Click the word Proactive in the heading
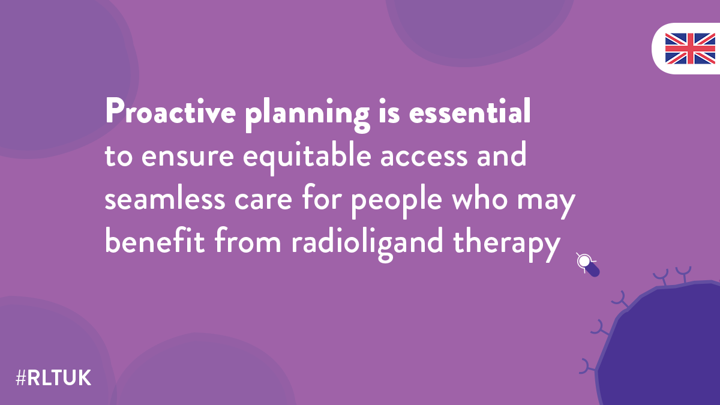[170, 111]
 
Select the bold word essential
[470, 111]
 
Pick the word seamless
[165, 197]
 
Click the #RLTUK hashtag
[53, 378]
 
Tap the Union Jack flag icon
[690, 49]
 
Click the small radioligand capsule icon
[587, 265]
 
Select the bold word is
[389, 111]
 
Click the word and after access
[502, 154]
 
